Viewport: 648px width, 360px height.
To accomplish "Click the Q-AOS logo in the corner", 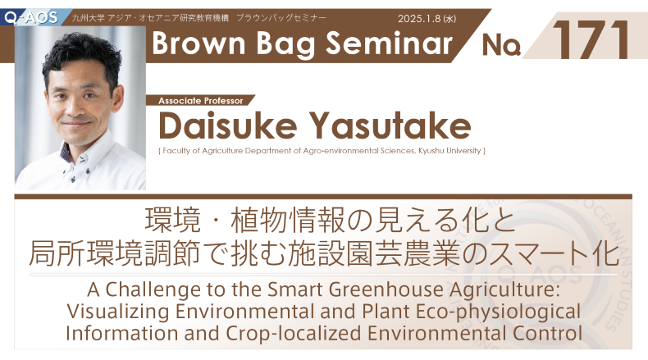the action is click(31, 17).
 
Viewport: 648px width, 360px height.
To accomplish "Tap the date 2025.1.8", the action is click(419, 19).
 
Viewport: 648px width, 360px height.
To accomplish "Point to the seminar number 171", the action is click(591, 39).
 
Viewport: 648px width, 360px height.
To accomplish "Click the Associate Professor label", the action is click(200, 101).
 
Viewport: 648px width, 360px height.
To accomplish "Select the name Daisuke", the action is click(228, 125).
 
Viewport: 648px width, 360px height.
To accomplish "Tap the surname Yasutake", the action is click(390, 125).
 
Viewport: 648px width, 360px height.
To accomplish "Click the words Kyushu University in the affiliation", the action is click(449, 151).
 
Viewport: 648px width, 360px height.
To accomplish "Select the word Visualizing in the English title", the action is click(118, 312).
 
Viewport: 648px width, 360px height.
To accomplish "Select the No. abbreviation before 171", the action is click(501, 44).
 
